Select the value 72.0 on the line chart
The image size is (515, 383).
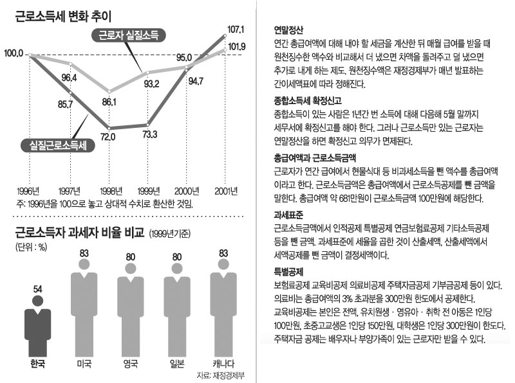[107, 136]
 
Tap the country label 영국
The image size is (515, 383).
[131, 364]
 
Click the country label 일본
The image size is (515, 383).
[176, 364]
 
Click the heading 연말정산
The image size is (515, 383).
[289, 30]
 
